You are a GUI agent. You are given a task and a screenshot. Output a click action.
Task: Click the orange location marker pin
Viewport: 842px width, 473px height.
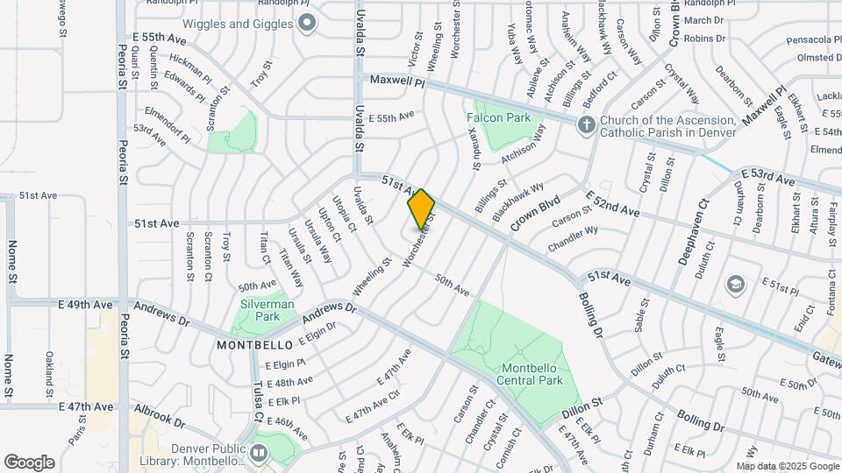click(421, 208)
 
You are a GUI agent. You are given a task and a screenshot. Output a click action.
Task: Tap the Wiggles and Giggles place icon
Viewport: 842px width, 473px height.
click(306, 24)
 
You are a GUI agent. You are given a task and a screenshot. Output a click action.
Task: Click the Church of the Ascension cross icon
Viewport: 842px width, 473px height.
click(586, 125)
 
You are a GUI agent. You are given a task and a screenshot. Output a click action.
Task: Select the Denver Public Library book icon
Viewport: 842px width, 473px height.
click(258, 453)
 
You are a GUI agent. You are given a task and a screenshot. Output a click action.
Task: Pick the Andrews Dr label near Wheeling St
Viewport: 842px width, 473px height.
click(328, 314)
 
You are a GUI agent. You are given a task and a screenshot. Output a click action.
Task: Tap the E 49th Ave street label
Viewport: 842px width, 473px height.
click(86, 305)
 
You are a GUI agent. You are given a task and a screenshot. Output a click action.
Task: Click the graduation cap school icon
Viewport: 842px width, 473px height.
click(735, 284)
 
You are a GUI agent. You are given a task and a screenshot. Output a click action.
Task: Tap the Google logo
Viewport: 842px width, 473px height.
click(29, 462)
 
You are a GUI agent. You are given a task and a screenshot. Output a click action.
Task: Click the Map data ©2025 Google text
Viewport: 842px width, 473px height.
click(787, 465)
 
